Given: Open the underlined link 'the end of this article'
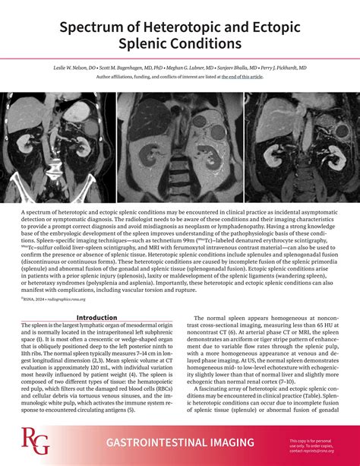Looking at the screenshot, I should click(x=242, y=76).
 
